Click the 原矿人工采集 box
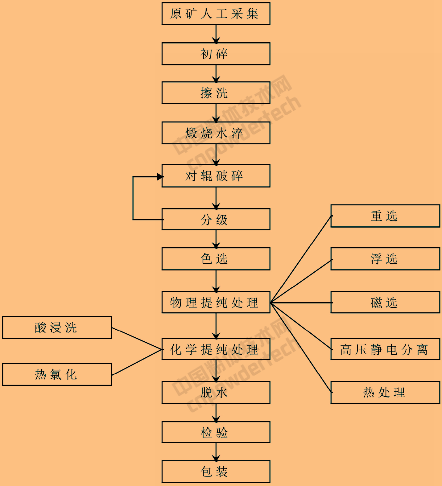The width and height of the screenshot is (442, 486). pyautogui.click(x=216, y=14)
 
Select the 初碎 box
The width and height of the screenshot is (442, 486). pyautogui.click(x=216, y=54)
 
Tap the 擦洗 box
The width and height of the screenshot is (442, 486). pyautogui.click(x=216, y=93)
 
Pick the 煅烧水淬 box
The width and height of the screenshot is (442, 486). pyautogui.click(x=216, y=133)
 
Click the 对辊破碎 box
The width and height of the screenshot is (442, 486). pyautogui.click(x=216, y=176)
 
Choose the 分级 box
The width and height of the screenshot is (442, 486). pyautogui.click(x=216, y=219)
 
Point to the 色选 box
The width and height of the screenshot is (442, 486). pyautogui.click(x=216, y=259)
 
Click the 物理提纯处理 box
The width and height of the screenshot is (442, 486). pyautogui.click(x=216, y=303)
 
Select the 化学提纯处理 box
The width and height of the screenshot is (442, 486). pyautogui.click(x=216, y=349)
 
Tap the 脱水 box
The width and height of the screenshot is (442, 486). pyautogui.click(x=216, y=392)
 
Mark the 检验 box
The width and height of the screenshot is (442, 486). pyautogui.click(x=216, y=432)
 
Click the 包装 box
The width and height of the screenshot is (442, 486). pyautogui.click(x=216, y=472)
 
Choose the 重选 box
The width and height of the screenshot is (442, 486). pyautogui.click(x=385, y=216)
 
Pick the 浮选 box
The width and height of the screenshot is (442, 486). pyautogui.click(x=385, y=259)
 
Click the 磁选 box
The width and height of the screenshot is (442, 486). pyautogui.click(x=385, y=303)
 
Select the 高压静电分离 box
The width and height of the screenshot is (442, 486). pyautogui.click(x=385, y=349)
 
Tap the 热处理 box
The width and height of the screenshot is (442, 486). pyautogui.click(x=385, y=392)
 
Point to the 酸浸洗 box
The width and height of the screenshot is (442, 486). pyautogui.click(x=57, y=327)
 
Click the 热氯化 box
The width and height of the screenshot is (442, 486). pyautogui.click(x=57, y=374)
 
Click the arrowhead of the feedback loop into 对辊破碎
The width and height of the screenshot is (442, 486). pyautogui.click(x=160, y=177)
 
